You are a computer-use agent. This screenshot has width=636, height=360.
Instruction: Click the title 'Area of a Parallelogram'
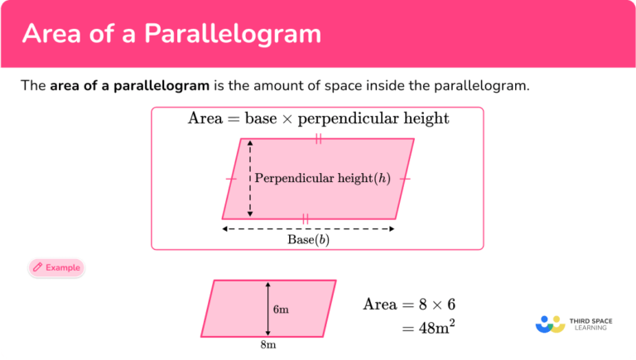tap(171, 34)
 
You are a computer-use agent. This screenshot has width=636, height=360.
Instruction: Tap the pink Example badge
tap(55, 267)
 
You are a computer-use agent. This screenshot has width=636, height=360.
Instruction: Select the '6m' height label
tap(281, 310)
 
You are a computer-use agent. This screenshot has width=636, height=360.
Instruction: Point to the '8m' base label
tap(268, 345)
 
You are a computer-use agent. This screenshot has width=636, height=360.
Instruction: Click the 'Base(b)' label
tap(308, 240)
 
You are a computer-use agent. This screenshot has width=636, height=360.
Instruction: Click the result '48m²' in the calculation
tap(436, 328)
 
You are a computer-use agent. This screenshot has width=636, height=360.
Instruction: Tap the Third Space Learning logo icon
tap(550, 324)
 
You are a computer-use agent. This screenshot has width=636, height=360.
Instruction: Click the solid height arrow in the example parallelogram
tap(268, 309)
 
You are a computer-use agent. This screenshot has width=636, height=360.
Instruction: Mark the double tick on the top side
tap(318, 139)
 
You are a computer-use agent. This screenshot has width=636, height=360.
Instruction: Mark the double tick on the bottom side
tap(306, 218)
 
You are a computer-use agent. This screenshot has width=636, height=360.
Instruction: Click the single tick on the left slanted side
tap(231, 178)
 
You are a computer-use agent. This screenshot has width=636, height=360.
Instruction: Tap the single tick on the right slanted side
tap(404, 178)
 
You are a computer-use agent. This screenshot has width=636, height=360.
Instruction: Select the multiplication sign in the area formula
tap(287, 119)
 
